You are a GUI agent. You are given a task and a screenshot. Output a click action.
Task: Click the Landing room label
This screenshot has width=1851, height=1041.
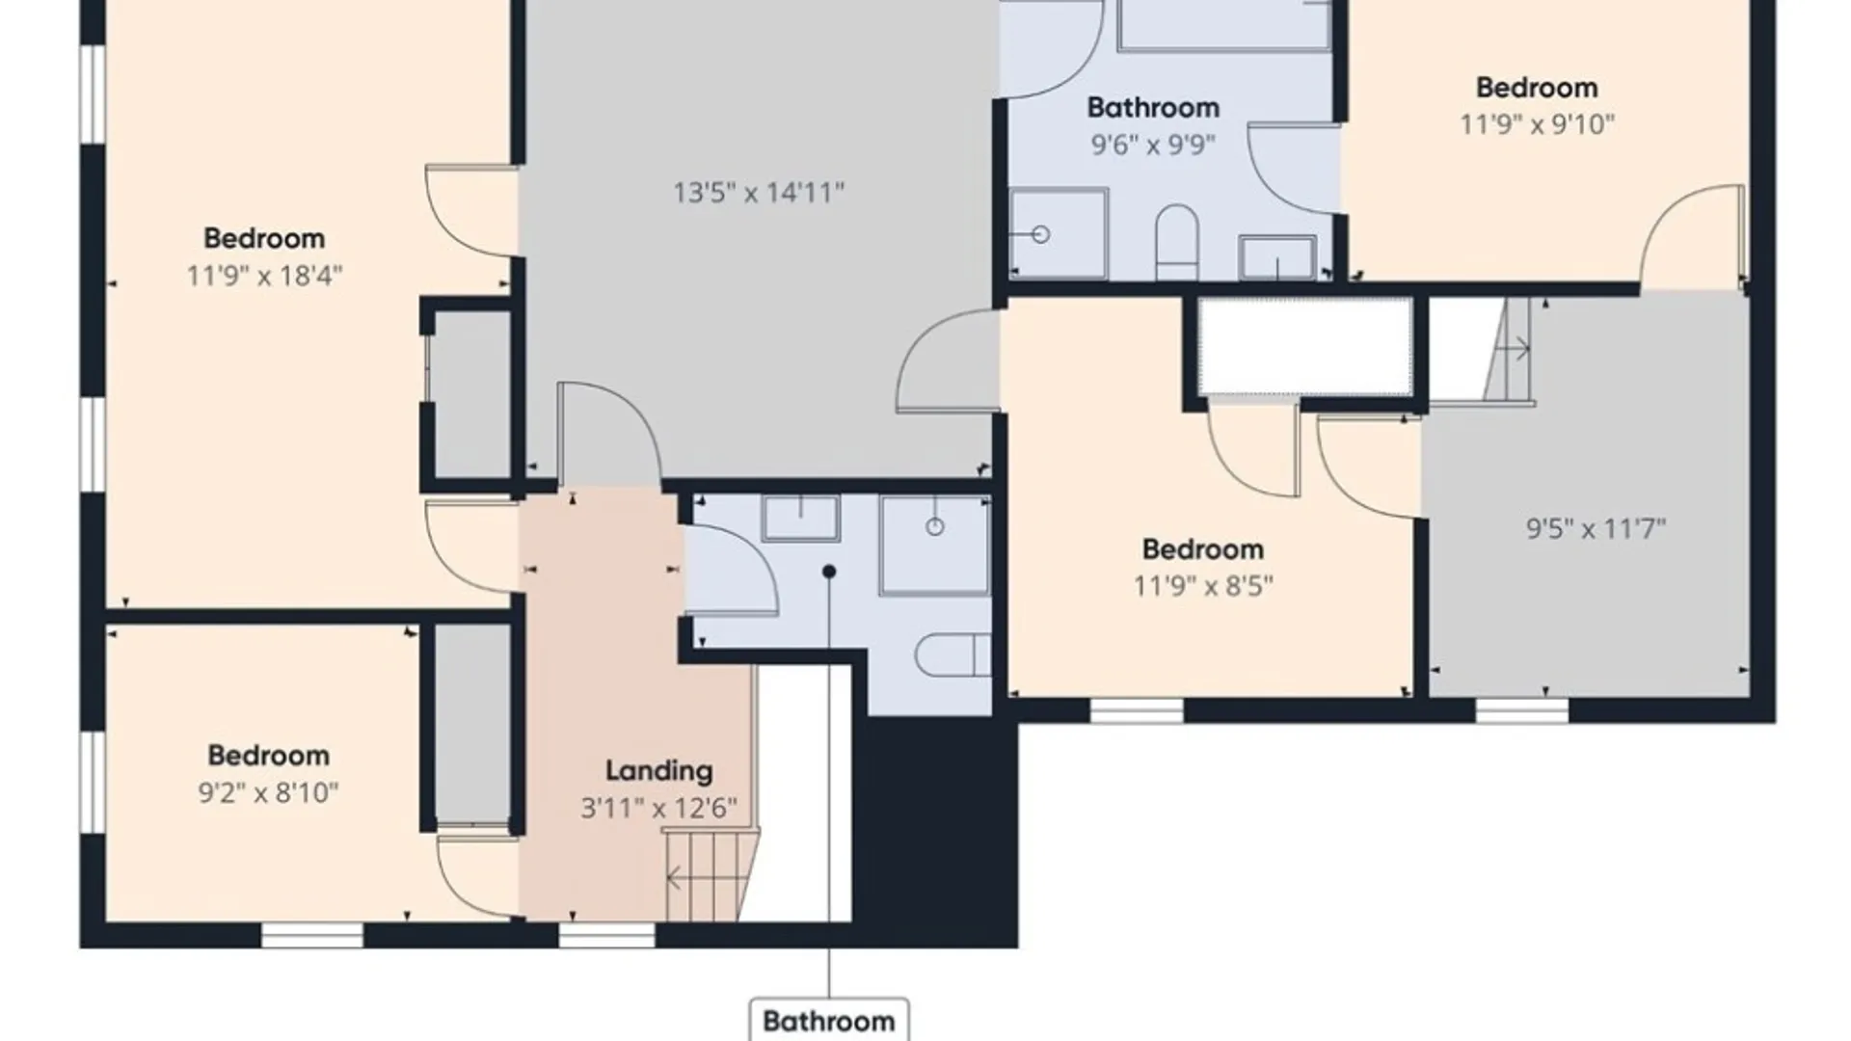[x=659, y=771]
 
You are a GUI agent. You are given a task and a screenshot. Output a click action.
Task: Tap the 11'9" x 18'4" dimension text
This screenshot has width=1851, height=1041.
[x=264, y=277]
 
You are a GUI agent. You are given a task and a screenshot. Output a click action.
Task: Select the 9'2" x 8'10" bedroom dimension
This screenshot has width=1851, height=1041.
[x=268, y=793]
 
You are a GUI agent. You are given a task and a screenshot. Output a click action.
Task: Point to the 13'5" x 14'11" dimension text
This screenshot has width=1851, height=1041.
[x=759, y=193]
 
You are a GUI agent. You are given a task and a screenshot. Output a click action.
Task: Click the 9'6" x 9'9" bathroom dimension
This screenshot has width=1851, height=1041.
[x=1153, y=145]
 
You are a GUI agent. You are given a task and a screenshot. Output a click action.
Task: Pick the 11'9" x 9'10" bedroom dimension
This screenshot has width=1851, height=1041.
[x=1537, y=124]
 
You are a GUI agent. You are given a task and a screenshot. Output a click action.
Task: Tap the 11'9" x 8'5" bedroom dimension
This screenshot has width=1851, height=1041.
[x=1203, y=586]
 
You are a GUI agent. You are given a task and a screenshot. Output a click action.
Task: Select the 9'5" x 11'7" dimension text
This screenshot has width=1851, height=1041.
[x=1596, y=529]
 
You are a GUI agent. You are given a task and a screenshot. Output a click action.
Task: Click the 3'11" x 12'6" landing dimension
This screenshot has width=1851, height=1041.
[x=658, y=808]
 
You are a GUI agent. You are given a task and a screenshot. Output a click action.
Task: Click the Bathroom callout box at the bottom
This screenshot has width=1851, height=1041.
[x=829, y=1020]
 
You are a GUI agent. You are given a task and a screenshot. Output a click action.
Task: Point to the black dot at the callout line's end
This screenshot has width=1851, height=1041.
[x=828, y=572]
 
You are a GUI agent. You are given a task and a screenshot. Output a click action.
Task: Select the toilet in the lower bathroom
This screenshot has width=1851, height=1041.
[x=952, y=655]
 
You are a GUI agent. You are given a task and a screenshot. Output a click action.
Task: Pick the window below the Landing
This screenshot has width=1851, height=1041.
[x=607, y=935]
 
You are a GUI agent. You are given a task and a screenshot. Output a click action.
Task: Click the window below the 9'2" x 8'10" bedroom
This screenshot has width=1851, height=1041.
[x=312, y=935]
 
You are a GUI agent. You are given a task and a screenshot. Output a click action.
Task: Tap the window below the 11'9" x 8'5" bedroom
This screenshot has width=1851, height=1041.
[x=1137, y=711]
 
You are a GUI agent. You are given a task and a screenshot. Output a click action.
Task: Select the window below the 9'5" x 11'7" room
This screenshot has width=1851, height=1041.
[x=1521, y=711]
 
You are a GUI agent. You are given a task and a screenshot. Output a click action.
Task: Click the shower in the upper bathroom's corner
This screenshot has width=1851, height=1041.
[x=1058, y=234]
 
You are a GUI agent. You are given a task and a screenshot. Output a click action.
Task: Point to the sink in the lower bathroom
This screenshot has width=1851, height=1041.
[x=800, y=519]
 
